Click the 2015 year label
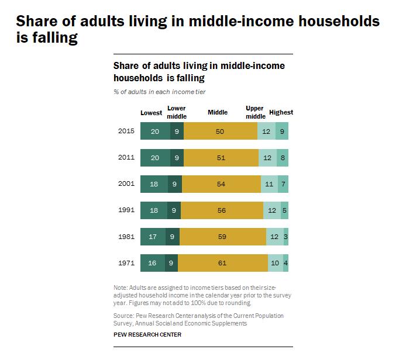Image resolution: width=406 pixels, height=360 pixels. [x=126, y=131]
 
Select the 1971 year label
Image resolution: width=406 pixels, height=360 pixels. [x=126, y=263]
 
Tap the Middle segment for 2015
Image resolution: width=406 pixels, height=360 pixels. [x=221, y=131]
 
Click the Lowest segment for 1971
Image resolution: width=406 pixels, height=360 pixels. [x=153, y=263]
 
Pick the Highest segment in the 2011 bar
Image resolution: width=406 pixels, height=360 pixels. [x=283, y=158]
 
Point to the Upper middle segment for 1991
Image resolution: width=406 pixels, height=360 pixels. [x=272, y=210]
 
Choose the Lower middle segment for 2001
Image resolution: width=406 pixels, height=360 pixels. [x=175, y=184]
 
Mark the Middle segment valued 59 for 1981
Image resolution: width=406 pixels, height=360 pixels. [x=223, y=237]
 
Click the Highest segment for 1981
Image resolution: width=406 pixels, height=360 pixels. [x=286, y=237]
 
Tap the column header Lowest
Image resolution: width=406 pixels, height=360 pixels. [x=151, y=113]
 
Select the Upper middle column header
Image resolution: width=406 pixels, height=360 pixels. [x=256, y=112]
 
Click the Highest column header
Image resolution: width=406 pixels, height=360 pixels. [x=281, y=112]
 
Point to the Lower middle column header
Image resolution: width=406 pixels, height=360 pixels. [x=177, y=112]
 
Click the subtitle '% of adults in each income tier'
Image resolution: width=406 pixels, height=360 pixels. [x=160, y=92]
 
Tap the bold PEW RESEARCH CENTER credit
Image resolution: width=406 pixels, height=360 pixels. [x=147, y=335]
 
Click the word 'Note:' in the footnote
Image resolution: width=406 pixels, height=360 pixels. [x=121, y=288]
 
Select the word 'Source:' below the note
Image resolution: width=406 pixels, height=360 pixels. [x=124, y=316]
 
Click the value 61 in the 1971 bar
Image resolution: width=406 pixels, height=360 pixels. [x=222, y=263]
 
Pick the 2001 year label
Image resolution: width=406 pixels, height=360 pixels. [x=126, y=184]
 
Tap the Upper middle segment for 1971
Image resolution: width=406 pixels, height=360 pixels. [x=276, y=263]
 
